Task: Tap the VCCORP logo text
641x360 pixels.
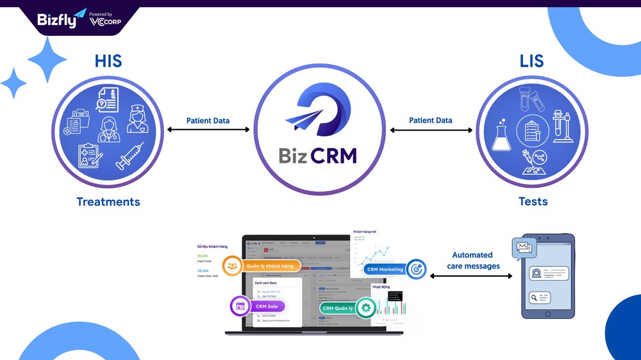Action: click(x=106, y=22)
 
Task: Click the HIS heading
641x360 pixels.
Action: click(x=108, y=61)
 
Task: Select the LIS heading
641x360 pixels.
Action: click(x=532, y=61)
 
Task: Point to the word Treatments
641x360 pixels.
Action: click(x=108, y=202)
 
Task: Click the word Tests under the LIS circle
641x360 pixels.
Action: click(x=533, y=202)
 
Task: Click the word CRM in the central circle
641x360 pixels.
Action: click(x=333, y=155)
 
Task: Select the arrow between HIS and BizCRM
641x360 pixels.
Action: click(x=208, y=130)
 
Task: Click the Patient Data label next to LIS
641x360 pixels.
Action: click(x=431, y=120)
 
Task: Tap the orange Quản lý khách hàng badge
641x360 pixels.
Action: click(x=262, y=266)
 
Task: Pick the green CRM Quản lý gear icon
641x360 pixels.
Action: click(x=366, y=308)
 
